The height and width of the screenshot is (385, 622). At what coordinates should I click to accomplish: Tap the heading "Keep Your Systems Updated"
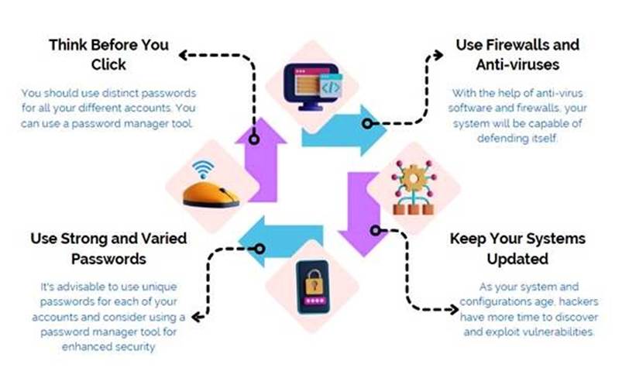click(517, 248)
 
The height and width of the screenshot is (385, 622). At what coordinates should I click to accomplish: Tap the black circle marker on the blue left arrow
click(259, 249)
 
